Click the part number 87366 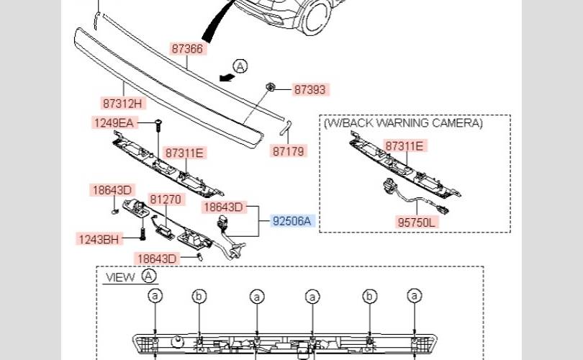click(x=187, y=49)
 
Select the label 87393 click(x=310, y=90)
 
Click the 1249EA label click(x=114, y=123)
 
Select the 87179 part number click(x=289, y=151)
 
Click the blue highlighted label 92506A click(x=293, y=221)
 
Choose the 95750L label click(x=417, y=223)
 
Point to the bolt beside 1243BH click(x=143, y=233)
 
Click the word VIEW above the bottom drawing click(x=120, y=276)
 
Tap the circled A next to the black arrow click(x=240, y=66)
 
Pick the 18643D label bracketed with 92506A click(x=225, y=207)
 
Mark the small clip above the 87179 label click(x=285, y=127)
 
